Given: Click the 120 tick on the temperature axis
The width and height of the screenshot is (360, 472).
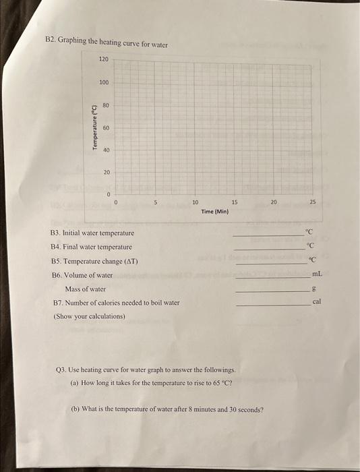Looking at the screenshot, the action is coord(103,59).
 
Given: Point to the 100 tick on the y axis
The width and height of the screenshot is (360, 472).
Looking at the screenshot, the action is coord(103,82).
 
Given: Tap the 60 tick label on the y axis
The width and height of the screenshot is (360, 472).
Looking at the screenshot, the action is coord(106,127).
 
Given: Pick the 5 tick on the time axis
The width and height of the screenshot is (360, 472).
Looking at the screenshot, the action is coord(155,202).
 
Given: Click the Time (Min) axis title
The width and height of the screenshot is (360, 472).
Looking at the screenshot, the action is coord(215,211).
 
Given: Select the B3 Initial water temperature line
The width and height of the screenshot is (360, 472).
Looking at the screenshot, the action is coord(92,233).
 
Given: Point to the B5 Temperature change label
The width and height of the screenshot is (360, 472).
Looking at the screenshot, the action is coord(94,261).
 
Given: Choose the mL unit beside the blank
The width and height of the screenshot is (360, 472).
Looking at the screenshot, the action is coord(317,274).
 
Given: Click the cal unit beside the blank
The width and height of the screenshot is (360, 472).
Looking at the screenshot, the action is coord(317,302).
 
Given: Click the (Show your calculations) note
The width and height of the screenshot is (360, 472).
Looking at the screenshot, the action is coord(90,316).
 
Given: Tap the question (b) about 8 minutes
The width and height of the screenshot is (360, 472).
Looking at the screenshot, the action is coord(167,409).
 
